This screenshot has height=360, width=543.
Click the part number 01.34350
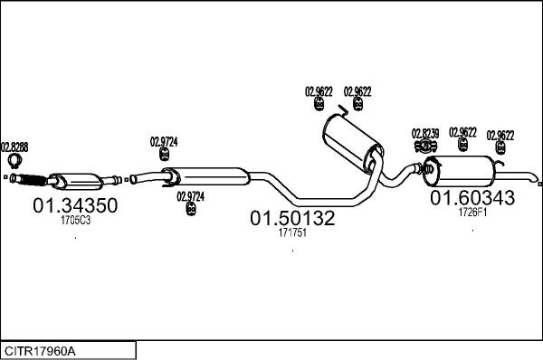(75, 206)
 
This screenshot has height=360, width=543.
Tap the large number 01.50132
(292, 218)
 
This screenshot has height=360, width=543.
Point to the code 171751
(292, 232)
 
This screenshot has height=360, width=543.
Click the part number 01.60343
(472, 197)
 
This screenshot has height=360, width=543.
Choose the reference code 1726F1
(472, 212)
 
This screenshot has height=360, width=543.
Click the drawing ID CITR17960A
(41, 349)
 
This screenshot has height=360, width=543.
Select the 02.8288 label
(14, 146)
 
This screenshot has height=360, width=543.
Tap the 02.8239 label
(425, 133)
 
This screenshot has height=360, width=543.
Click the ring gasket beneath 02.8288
(14, 163)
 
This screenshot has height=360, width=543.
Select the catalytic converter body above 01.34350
(75, 176)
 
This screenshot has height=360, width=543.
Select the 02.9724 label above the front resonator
(164, 141)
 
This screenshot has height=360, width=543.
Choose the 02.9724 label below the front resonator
(191, 195)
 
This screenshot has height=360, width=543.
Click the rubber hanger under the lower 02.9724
(191, 210)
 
